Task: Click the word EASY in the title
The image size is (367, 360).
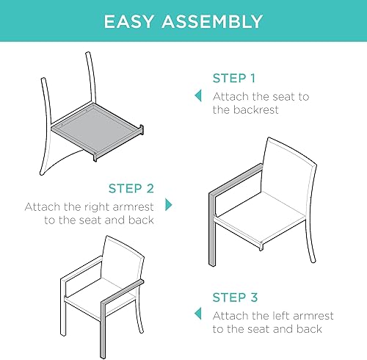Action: tap(131, 22)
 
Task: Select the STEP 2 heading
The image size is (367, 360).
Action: tap(131, 188)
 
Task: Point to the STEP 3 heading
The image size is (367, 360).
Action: tap(235, 298)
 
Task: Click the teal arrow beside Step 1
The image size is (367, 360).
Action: tap(197, 96)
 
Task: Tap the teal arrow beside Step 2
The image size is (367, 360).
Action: tap(168, 204)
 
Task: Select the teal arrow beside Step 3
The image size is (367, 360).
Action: tap(197, 314)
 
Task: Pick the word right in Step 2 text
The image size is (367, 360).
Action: tap(90, 206)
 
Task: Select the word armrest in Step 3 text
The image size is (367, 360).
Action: tap(313, 316)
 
